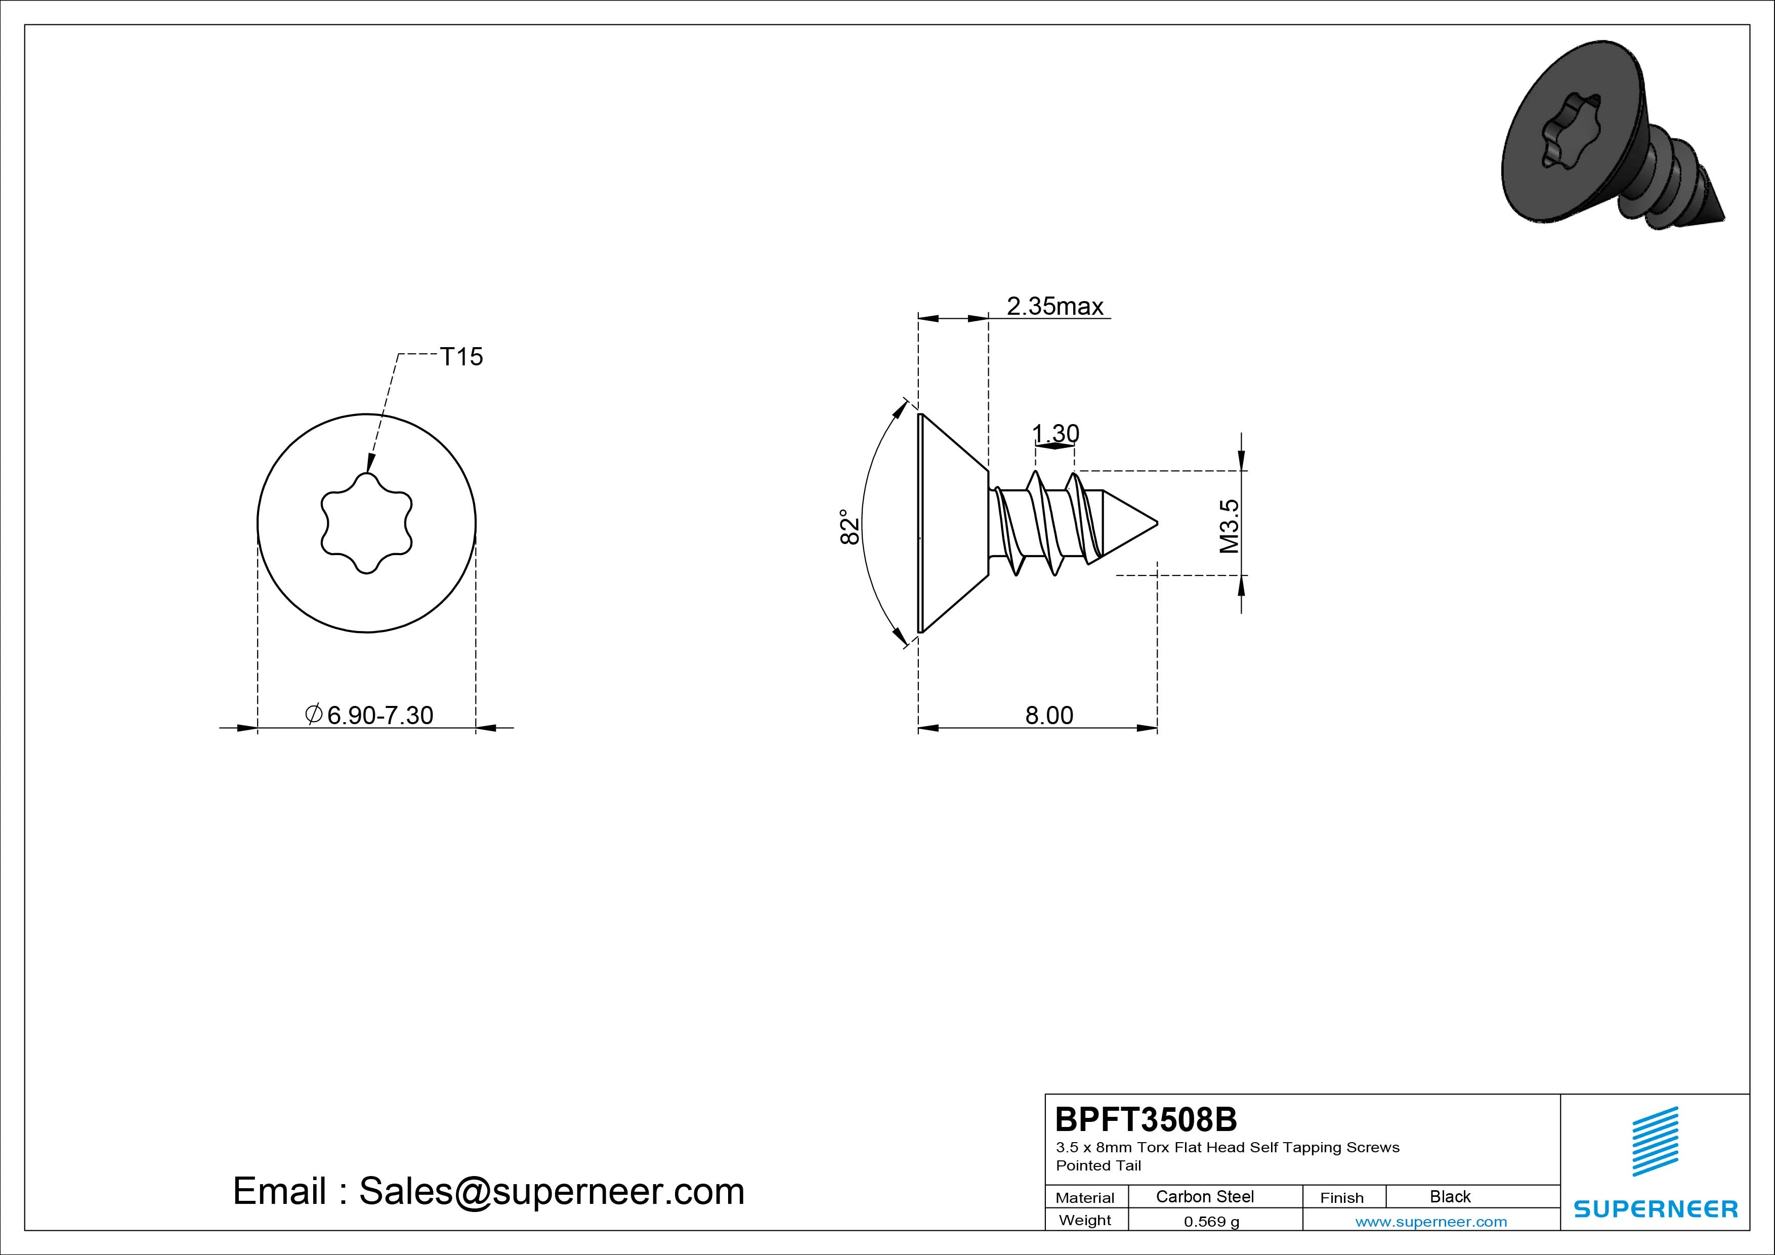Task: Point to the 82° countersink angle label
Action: pyautogui.click(x=850, y=527)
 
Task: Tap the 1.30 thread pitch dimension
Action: pyautogui.click(x=1056, y=434)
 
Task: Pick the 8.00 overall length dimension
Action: pyautogui.click(x=1049, y=715)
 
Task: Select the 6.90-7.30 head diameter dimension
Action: pyautogui.click(x=369, y=715)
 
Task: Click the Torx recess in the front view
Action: pyautogui.click(x=366, y=523)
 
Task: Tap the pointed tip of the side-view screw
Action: pyautogui.click(x=1157, y=523)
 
